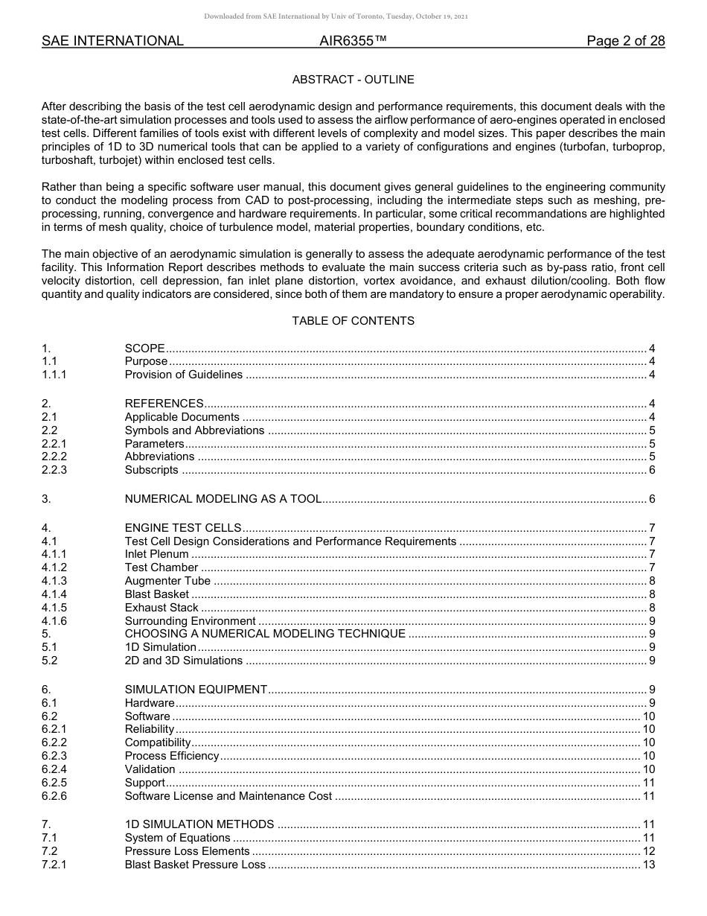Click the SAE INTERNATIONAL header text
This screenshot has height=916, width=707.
pos(112,41)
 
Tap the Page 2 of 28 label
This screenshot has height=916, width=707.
pos(625,41)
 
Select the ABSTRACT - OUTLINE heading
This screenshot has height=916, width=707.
pos(353,80)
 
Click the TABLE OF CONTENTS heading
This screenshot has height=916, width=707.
pos(353,321)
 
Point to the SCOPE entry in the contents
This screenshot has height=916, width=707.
pos(144,349)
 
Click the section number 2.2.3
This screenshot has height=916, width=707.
pos(54,470)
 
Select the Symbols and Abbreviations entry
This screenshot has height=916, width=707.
pos(193,430)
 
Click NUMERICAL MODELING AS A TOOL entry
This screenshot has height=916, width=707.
pos(223,499)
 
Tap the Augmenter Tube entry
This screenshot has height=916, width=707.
pos(167,581)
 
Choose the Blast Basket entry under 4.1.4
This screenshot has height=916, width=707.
pos(157,594)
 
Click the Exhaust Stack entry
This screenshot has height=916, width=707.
pos(161,608)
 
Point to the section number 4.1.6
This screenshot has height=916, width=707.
pos(54,621)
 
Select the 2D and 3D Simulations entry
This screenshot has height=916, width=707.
pos(183,660)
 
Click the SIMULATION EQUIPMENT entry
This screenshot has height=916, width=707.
pos(196,690)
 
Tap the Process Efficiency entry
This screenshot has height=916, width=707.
pos(172,756)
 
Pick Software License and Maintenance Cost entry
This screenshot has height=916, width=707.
pos(228,796)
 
